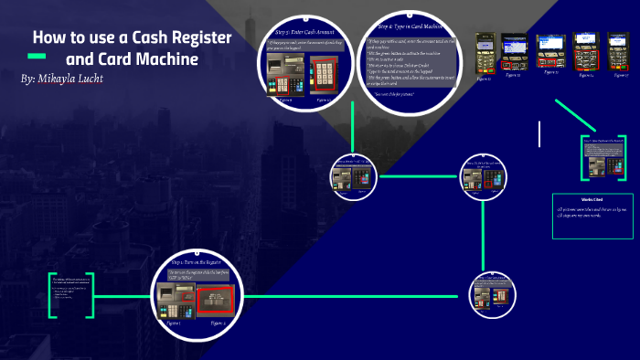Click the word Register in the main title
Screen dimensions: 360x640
tap(198, 38)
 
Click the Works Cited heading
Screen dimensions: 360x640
tap(592, 198)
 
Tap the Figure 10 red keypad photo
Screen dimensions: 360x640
tap(324, 72)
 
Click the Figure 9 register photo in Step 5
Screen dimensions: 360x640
tap(283, 72)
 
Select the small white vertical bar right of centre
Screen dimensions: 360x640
tap(539, 133)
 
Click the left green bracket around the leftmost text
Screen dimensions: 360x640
tap(51, 294)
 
